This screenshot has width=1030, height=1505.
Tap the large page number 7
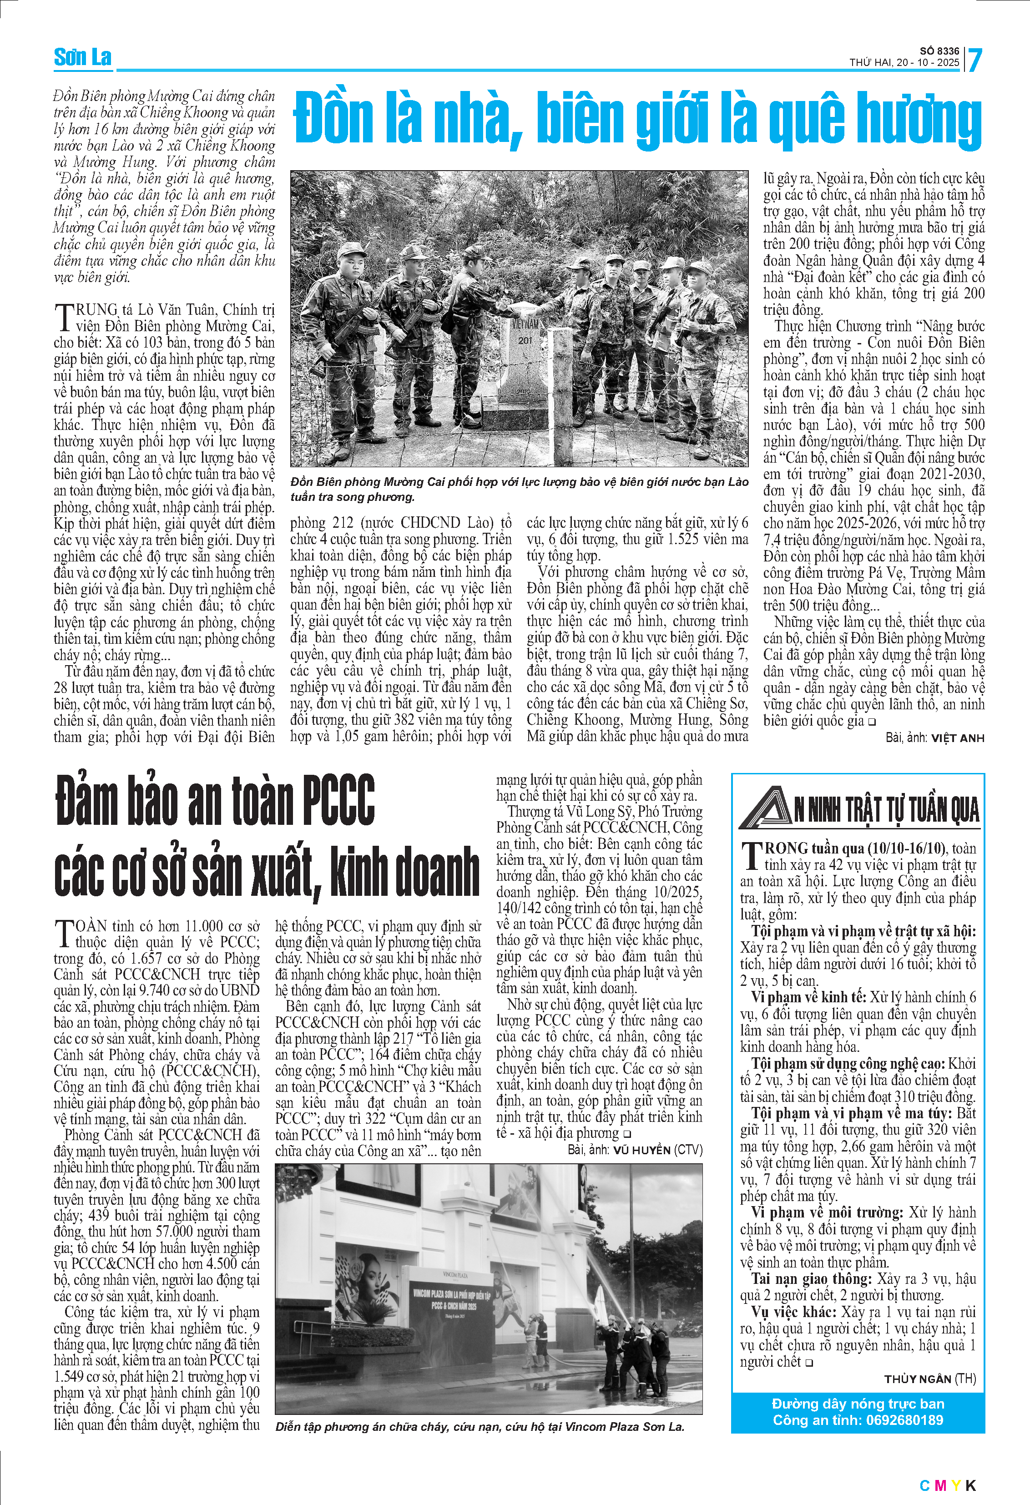(x=974, y=60)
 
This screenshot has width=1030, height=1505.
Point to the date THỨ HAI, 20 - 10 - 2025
(x=904, y=63)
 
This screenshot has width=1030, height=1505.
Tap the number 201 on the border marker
(x=525, y=340)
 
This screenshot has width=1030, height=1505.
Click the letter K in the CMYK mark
(x=970, y=1485)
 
